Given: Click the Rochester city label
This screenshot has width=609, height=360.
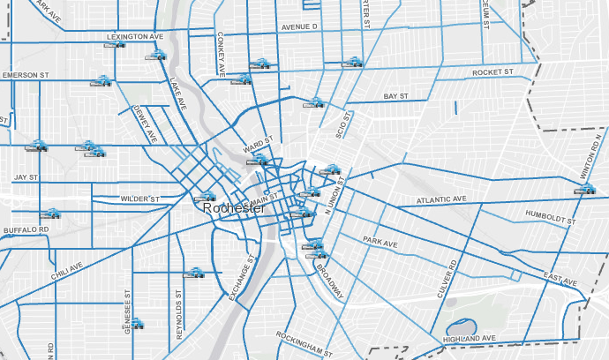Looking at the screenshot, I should pos(234,209).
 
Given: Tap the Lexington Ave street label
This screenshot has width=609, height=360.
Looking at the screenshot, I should pos(135,37).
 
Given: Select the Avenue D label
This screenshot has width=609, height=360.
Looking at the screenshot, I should pos(299,27).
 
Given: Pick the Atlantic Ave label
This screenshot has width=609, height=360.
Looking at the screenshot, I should pos(441,200).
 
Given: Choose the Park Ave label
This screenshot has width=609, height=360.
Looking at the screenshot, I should pos(382,241).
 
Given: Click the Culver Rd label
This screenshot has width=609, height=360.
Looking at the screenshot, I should pos(453,276).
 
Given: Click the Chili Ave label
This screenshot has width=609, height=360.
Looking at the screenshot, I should pos(66,271).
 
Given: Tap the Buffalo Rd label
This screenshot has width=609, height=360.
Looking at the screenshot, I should pos(25,230).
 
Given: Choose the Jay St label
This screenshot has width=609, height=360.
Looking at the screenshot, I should pos(26,177).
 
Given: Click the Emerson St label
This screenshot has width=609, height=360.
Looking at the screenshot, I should pos(25,76).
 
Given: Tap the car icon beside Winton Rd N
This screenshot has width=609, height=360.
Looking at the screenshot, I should pos(586,187).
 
